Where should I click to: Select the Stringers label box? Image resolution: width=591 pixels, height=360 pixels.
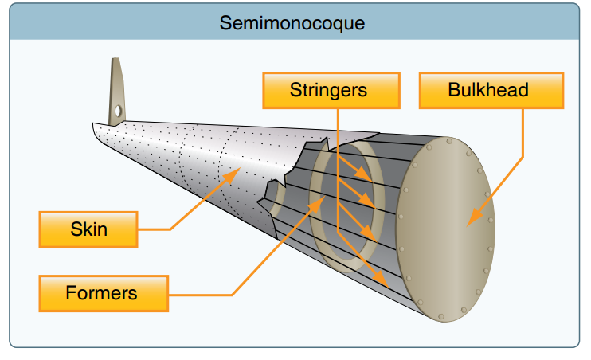click(328, 89)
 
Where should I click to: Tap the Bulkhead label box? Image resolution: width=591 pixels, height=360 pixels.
click(489, 89)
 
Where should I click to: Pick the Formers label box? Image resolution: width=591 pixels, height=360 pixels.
click(102, 293)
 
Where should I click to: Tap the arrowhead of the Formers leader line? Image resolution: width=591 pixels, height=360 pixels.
click(323, 199)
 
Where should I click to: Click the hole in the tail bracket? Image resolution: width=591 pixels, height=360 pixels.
click(118, 111)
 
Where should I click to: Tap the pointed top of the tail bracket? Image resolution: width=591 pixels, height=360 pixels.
click(115, 61)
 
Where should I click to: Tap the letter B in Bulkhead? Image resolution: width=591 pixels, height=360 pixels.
click(454, 89)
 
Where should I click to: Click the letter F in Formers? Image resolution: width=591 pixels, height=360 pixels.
click(70, 293)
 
